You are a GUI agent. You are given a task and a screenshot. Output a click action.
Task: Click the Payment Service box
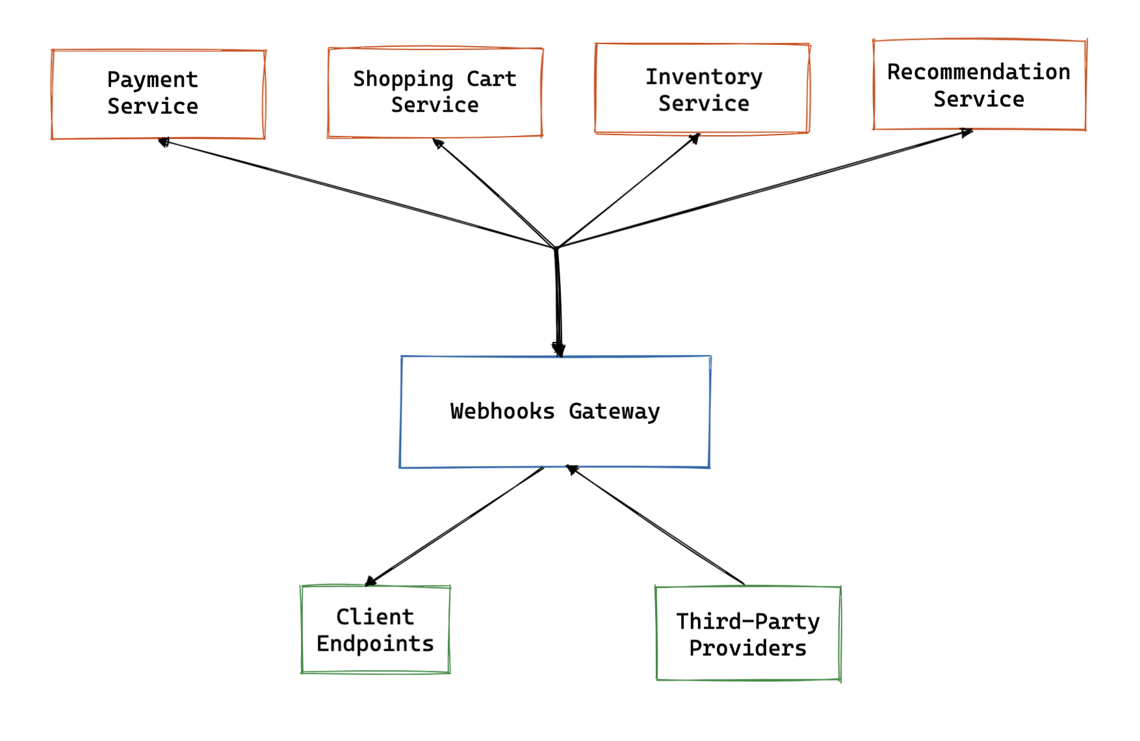pos(158,94)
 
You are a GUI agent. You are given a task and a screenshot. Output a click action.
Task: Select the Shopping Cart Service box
pos(435,92)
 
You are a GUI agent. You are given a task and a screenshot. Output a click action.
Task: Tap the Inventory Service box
pos(702,89)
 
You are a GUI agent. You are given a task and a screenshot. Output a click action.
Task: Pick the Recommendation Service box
pos(979,84)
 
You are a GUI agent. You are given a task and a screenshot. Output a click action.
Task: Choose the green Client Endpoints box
pos(375,629)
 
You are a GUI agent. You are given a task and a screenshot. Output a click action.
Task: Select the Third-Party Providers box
pos(748,634)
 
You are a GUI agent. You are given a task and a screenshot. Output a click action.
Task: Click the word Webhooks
pos(502,411)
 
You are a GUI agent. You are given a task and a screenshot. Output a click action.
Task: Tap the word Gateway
pos(614,411)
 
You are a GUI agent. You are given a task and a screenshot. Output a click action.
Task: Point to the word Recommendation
pos(978,71)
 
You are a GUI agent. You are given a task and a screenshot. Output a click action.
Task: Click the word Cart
pos(491,79)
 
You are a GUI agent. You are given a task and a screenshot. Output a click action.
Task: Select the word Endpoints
pos(375,643)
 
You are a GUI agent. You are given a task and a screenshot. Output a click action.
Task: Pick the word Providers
pos(747,648)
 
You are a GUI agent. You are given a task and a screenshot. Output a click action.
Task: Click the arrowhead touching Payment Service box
pos(164,142)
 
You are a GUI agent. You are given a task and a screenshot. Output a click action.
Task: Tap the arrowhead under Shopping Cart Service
pos(439,143)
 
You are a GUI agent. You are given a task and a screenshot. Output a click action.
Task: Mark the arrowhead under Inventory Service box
pos(695,138)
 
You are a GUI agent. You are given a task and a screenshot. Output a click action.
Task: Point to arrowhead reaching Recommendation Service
pos(966,133)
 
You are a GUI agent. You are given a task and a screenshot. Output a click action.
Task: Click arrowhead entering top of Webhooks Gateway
pos(558,350)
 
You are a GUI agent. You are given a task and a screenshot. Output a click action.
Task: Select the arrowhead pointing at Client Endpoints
pos(371,580)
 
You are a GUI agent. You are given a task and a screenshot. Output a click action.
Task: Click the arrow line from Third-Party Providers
pos(656,525)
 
